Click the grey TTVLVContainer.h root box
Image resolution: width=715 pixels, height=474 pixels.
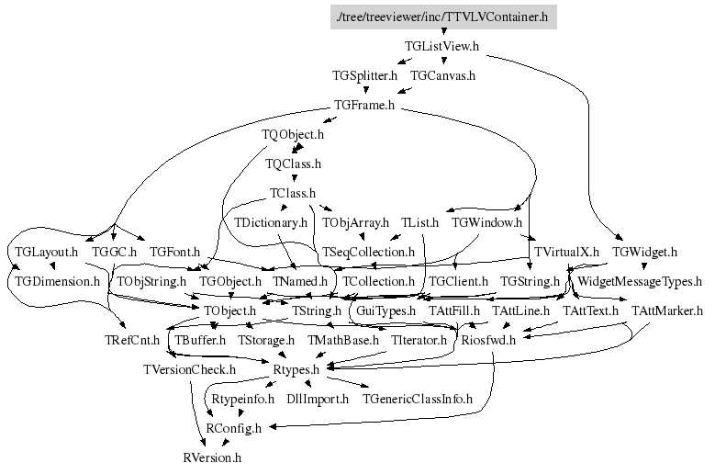point(443,16)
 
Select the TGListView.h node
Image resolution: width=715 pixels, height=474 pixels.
point(441,45)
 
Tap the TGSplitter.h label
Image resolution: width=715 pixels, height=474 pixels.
point(365,75)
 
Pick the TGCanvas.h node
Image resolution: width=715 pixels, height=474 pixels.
point(442,75)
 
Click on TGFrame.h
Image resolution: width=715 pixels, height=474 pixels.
point(364,105)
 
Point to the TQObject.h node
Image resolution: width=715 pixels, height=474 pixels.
point(293,135)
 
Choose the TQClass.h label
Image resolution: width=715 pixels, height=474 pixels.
point(293,164)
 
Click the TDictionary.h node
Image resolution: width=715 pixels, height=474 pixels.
point(271,222)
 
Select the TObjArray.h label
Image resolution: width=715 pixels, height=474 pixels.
point(355,222)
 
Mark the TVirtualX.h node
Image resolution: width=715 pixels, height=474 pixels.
point(566,252)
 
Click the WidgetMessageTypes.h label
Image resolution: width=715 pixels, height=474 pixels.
point(640,281)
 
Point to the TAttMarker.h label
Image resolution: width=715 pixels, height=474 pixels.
point(666,311)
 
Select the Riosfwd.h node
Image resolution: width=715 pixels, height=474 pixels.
point(488,341)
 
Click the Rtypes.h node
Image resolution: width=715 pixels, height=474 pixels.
point(296,369)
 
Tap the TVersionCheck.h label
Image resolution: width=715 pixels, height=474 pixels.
point(189,369)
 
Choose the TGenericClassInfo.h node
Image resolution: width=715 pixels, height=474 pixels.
point(418,399)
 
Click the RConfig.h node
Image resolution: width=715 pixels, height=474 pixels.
point(233,428)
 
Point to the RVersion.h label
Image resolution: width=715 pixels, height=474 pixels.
point(212,457)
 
